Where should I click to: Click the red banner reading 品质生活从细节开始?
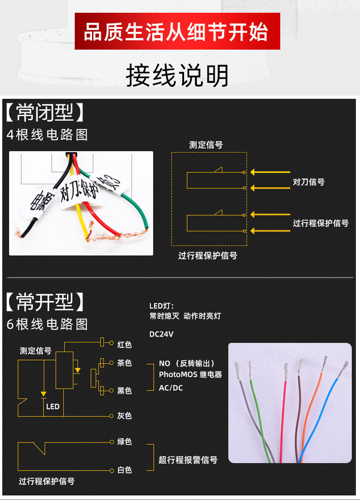[x=177, y=31]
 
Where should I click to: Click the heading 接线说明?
[x=177, y=75]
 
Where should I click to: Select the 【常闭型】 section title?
[x=45, y=112]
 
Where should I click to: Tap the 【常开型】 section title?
[x=45, y=301]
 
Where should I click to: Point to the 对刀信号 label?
[x=309, y=182]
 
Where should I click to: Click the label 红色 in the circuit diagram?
[x=124, y=344]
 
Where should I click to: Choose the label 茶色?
[x=124, y=363]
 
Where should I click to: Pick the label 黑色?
[x=124, y=390]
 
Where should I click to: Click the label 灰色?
[x=124, y=415]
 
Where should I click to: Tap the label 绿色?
[x=124, y=442]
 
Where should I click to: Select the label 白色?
[x=124, y=469]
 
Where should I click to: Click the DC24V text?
[x=161, y=334]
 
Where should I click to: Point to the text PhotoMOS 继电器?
[x=190, y=374]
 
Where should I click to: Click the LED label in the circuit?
[x=53, y=406]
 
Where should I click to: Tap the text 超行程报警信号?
[x=188, y=460]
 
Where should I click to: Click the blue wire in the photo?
[x=319, y=410]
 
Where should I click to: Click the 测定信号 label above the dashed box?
[x=206, y=145]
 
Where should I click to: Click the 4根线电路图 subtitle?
[x=47, y=135]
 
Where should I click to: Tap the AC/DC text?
[x=171, y=388]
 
